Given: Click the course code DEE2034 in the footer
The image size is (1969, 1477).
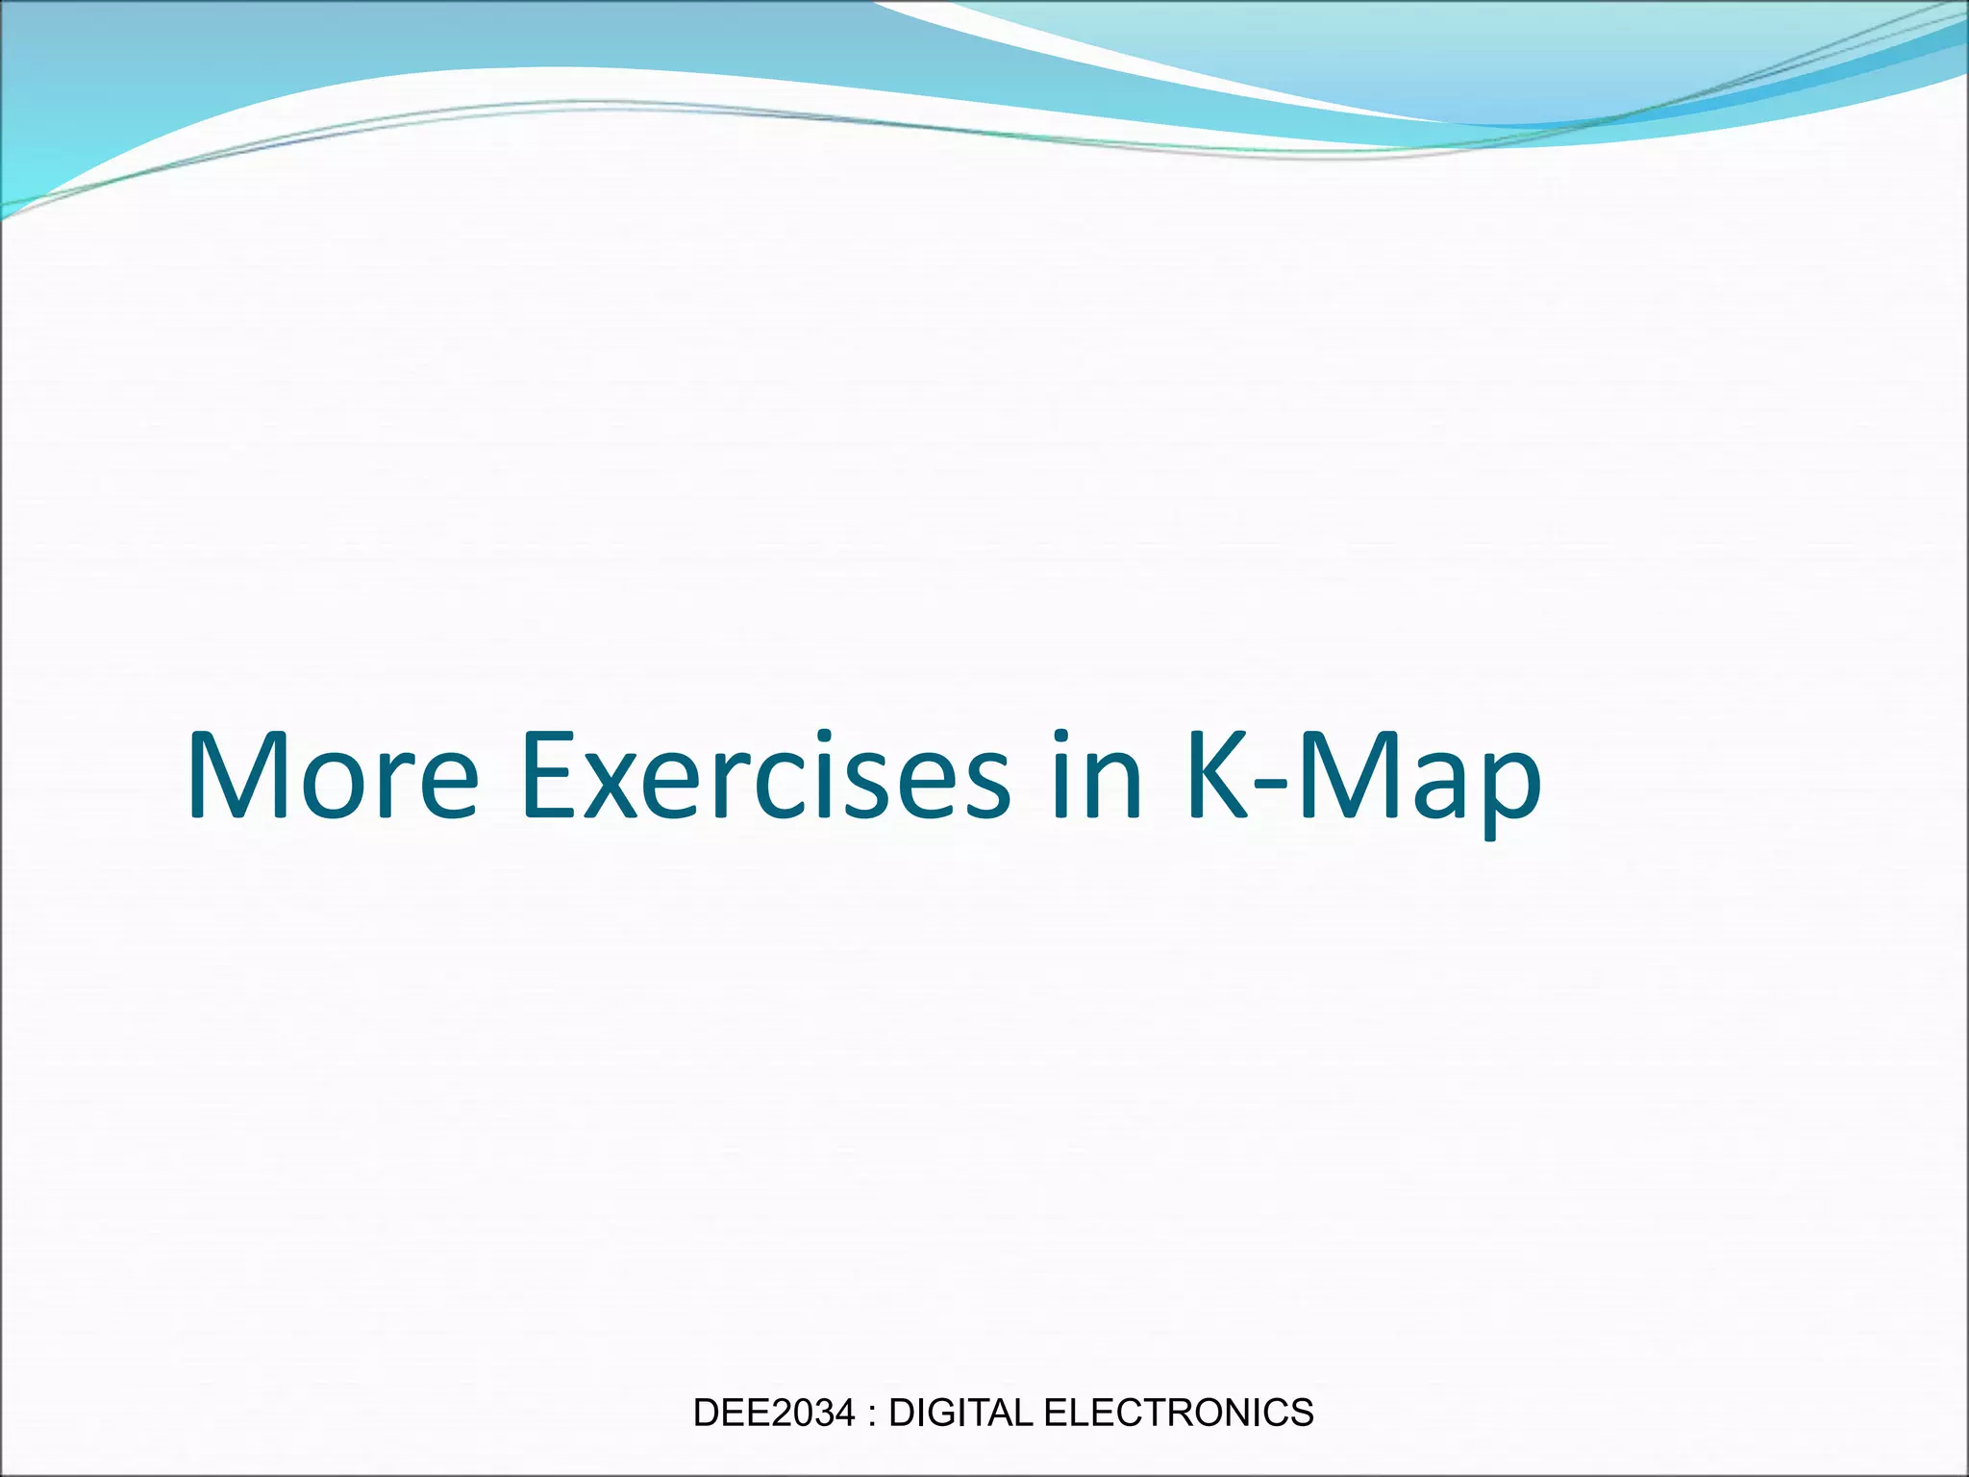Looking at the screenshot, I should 773,1413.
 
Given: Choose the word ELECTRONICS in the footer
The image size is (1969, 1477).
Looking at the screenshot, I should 1179,1413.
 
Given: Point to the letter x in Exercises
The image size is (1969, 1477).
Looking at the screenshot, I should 615,789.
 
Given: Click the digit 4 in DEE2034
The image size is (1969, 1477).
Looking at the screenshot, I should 844,1413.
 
